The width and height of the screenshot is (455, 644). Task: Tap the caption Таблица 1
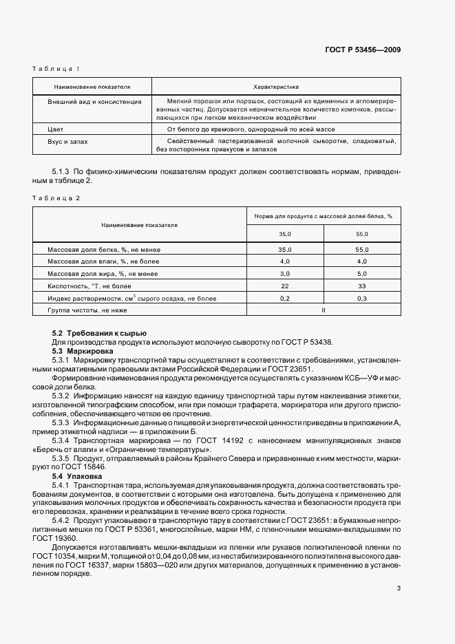point(56,69)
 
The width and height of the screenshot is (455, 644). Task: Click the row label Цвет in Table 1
point(55,129)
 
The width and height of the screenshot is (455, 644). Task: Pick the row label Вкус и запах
point(67,141)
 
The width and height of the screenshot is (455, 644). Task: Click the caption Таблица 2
point(56,198)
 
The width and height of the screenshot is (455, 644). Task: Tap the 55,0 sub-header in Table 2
point(362,234)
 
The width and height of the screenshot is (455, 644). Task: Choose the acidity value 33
point(362,286)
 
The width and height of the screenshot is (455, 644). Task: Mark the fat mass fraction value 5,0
point(362,274)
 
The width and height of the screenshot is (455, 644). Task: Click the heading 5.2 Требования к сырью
point(90,333)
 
